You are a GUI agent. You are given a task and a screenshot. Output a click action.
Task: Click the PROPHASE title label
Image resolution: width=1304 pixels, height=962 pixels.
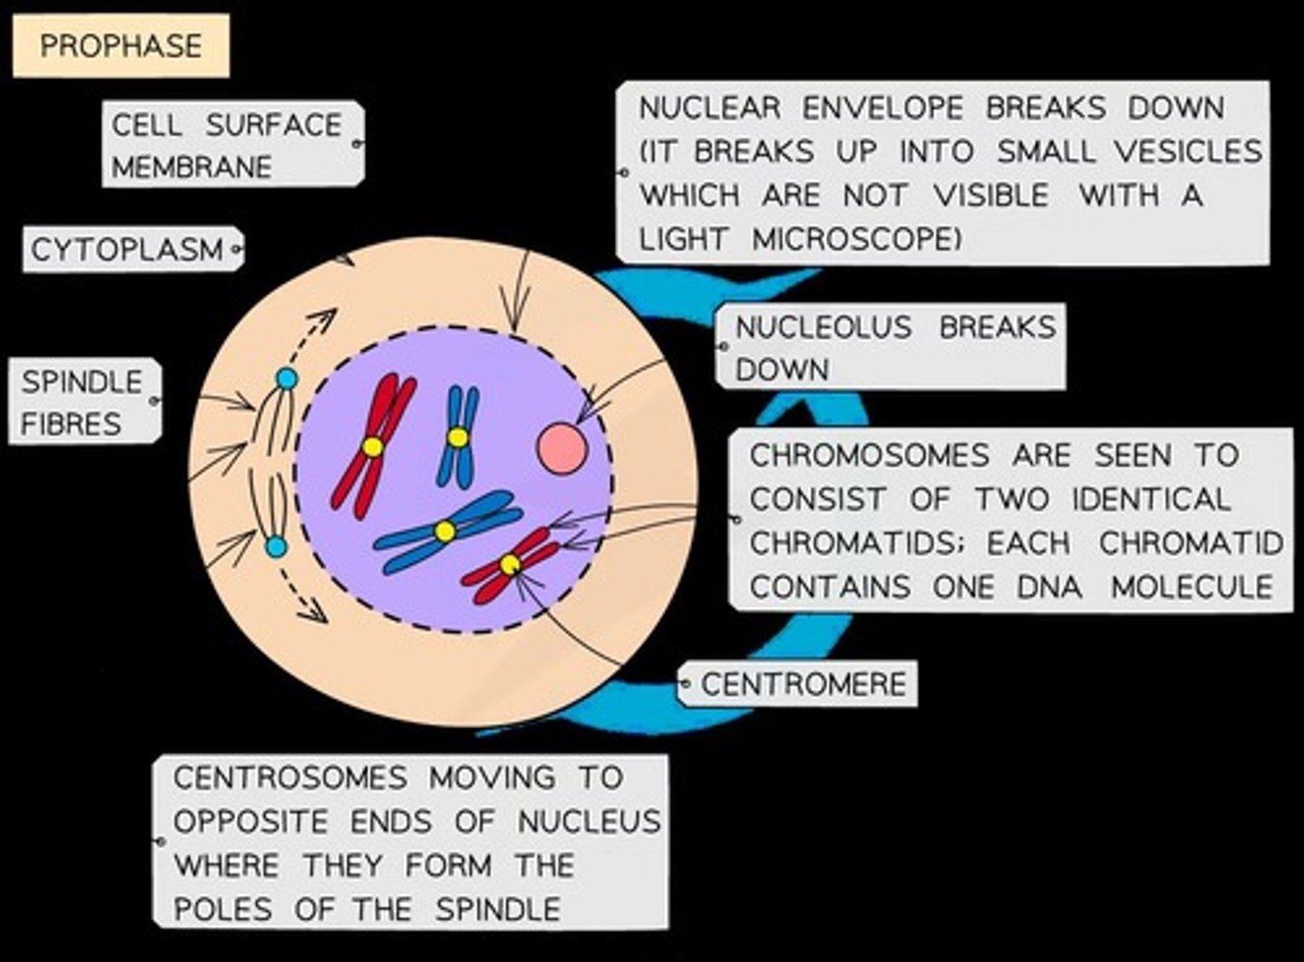coord(120,45)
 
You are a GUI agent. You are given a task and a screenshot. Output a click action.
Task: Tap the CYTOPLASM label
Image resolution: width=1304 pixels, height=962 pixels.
coord(127,249)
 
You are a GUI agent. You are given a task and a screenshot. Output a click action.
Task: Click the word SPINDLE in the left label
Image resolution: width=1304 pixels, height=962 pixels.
coord(81,381)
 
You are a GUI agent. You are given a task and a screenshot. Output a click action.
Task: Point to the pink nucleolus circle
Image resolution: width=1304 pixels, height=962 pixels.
coord(561,447)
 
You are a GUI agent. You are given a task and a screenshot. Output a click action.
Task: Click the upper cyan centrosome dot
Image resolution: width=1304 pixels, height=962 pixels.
coord(286,379)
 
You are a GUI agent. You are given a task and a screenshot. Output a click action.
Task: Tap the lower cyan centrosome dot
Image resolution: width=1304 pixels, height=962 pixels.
coord(276,546)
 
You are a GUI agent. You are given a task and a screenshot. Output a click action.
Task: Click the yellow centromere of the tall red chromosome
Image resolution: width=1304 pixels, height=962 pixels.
coord(372,447)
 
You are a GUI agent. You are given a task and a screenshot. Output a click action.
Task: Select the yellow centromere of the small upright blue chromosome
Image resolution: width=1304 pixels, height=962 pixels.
coord(458,438)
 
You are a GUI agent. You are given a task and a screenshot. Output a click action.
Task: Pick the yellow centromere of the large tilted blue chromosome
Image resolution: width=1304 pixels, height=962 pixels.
coord(444,532)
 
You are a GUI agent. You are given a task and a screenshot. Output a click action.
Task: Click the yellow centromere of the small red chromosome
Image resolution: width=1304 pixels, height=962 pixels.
coord(510,564)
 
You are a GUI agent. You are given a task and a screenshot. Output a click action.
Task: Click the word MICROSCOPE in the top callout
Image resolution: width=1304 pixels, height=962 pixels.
coord(856,239)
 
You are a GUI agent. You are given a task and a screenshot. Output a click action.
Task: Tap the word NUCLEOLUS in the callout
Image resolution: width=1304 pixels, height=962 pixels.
coord(822,327)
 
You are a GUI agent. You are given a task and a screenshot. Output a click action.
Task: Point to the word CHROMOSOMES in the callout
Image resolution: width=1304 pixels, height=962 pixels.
coord(868,455)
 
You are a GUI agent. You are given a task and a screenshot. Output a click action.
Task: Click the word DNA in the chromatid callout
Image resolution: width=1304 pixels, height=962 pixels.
coord(1049,587)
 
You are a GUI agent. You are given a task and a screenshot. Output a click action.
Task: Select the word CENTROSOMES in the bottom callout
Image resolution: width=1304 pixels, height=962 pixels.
coord(290,777)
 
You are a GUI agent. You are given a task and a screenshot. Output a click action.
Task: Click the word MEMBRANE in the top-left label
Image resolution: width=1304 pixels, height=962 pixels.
coord(191,167)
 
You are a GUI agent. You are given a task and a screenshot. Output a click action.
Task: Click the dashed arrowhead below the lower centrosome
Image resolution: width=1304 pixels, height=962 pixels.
coord(316,615)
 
